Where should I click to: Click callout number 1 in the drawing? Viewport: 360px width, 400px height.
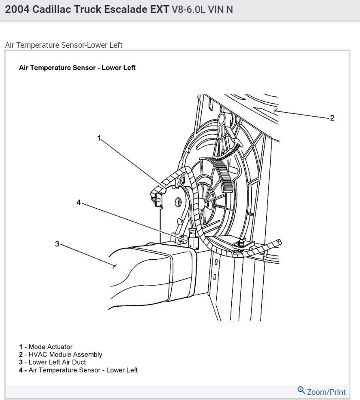point(99,138)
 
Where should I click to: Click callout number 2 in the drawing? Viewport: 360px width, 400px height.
point(332,118)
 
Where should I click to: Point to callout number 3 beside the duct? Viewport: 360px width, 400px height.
point(57,244)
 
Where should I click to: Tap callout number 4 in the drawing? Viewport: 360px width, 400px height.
point(79,202)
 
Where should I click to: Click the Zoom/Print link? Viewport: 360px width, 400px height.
point(326,392)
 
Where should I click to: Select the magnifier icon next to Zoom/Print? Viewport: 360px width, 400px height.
point(301,391)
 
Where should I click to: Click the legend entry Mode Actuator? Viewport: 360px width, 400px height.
point(50,347)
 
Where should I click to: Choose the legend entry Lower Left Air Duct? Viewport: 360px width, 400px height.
point(57,362)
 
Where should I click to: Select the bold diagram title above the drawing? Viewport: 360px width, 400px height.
point(77,68)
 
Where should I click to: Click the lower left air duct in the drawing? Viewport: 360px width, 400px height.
point(151,271)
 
